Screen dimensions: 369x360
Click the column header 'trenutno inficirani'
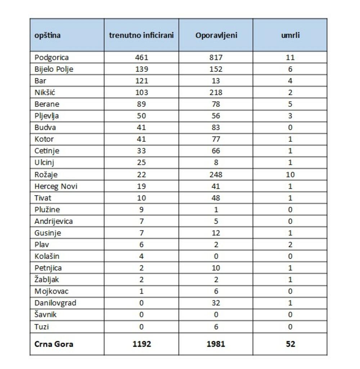tap(141, 36)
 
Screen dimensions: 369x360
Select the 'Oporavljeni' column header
tap(216, 36)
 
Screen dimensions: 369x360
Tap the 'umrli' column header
tap(290, 36)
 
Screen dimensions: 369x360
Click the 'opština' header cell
tap(48, 36)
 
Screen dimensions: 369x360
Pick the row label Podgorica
tap(51, 58)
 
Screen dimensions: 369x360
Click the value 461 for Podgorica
tap(141, 58)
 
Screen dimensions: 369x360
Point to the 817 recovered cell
tap(216, 58)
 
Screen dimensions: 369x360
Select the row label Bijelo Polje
tap(54, 69)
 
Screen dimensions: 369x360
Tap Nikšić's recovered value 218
tap(216, 92)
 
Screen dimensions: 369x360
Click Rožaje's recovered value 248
tap(216, 174)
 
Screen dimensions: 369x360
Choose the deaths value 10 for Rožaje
tap(290, 174)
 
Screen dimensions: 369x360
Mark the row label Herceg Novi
tap(56, 186)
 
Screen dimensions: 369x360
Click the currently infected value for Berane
tap(141, 104)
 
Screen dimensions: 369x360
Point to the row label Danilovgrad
tap(55, 303)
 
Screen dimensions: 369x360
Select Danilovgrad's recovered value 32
tap(216, 303)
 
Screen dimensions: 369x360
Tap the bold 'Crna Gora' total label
tap(54, 344)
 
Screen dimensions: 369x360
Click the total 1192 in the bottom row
tap(141, 344)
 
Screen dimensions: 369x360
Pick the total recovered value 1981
tap(216, 344)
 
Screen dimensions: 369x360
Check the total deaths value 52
tap(290, 344)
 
